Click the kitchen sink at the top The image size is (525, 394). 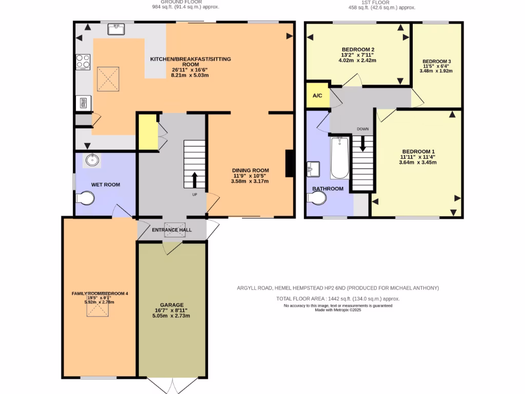[116, 29]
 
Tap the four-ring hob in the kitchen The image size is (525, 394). [83, 62]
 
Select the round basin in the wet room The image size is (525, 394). [93, 161]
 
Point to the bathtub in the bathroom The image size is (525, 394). [339, 157]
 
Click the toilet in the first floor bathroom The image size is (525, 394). [316, 198]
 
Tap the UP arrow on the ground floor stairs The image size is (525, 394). [195, 180]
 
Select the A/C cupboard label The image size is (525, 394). [317, 96]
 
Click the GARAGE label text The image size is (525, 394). [171, 305]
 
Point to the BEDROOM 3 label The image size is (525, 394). [437, 62]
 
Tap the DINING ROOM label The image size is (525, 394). [250, 171]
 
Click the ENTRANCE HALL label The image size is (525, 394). [172, 230]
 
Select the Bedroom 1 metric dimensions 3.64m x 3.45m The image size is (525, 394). [417, 163]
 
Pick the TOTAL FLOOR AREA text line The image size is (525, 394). [338, 299]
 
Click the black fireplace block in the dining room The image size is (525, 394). [290, 163]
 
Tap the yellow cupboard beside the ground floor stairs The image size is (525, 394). [148, 132]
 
